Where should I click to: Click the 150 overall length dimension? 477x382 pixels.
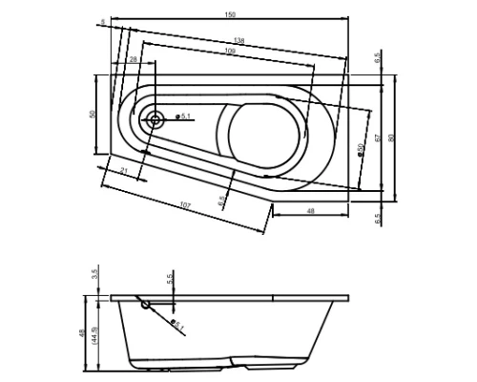[230, 14]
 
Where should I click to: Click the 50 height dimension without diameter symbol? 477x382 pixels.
[93, 114]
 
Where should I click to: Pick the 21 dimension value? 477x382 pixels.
[126, 170]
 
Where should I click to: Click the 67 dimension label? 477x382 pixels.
[379, 137]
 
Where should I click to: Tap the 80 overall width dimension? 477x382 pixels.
[391, 137]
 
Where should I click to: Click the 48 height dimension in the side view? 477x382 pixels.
[84, 334]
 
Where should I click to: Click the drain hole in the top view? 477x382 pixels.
[154, 120]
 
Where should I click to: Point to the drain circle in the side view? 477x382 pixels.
[145, 306]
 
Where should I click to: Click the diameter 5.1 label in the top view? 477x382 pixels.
[184, 117]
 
